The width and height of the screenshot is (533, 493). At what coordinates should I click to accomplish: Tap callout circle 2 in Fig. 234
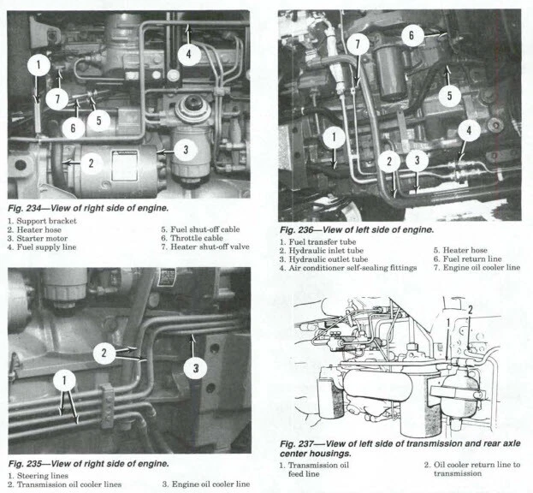(x=92, y=160)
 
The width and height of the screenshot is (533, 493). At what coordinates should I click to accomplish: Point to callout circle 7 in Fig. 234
(x=57, y=98)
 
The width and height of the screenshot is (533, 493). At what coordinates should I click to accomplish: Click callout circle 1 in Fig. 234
(x=38, y=63)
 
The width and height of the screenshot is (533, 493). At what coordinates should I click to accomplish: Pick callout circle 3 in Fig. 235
(x=196, y=368)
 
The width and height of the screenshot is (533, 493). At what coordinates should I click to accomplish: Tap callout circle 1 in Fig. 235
(x=68, y=378)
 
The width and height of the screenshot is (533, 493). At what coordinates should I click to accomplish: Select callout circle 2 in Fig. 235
(x=104, y=351)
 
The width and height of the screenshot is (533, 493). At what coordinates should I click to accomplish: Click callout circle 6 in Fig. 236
(x=412, y=35)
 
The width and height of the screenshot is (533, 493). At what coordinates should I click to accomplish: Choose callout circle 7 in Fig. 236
(x=359, y=45)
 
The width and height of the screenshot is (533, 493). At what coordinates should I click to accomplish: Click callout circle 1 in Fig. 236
(x=335, y=135)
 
